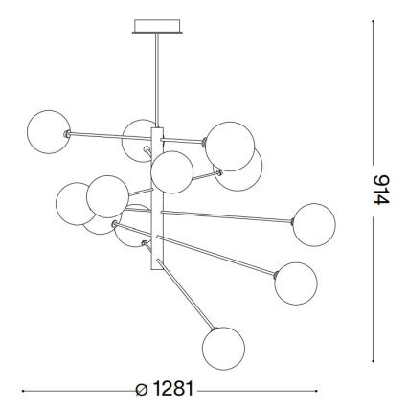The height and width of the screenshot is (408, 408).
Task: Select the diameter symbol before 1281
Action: pyautogui.click(x=143, y=391)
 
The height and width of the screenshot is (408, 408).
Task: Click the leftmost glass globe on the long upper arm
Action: pyautogui.click(x=49, y=130)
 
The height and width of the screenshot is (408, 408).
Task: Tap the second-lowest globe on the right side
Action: pyautogui.click(x=295, y=282)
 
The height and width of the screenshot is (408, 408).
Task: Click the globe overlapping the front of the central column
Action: pyautogui.click(x=172, y=172)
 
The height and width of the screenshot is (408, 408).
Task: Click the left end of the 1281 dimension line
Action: pyautogui.click(x=23, y=391)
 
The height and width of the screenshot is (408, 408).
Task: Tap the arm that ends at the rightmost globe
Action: pyautogui.click(x=230, y=215)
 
